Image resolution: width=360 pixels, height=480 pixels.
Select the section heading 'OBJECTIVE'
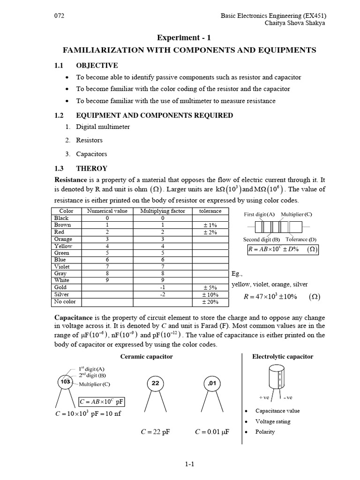coord(97,65)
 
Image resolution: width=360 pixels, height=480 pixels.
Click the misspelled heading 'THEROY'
coord(92,168)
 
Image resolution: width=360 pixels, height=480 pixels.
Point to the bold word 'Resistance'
coord(71,180)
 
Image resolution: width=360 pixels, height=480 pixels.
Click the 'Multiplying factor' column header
coord(163,211)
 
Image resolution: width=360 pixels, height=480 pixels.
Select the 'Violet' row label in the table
coord(63,266)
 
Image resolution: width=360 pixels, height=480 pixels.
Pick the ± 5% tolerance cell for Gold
coord(210,287)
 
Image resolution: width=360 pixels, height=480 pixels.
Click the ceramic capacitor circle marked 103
coord(65,382)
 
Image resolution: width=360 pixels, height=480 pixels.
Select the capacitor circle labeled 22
coord(156,383)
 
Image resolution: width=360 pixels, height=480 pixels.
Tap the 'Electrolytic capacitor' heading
coord(283,357)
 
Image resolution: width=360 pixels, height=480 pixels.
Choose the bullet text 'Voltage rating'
coord(273,421)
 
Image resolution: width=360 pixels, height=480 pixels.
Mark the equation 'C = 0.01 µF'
coord(212,432)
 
